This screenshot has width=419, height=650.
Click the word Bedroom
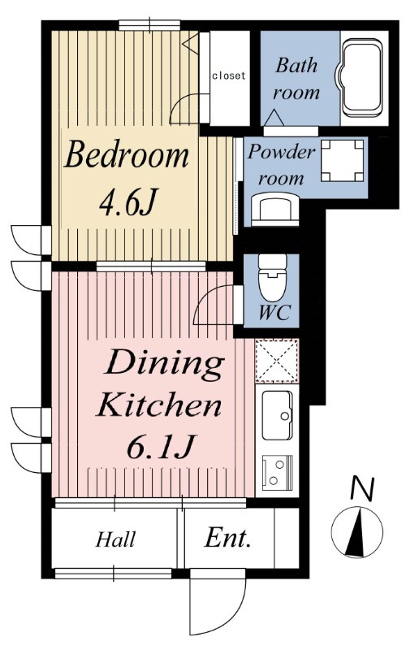(127, 154)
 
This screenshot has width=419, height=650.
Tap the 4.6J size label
(127, 202)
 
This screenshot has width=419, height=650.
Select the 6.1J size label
(159, 446)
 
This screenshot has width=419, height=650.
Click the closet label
(229, 76)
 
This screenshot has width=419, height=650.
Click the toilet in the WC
(272, 277)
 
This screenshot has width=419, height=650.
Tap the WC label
(274, 312)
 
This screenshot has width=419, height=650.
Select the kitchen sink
(277, 414)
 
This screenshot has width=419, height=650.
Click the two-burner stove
(277, 471)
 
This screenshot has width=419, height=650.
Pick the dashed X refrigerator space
(276, 360)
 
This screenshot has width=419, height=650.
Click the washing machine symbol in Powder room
(343, 160)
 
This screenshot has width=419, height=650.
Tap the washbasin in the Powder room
(275, 210)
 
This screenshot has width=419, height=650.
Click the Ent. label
(227, 538)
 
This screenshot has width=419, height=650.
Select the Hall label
(115, 539)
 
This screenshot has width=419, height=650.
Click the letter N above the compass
(363, 488)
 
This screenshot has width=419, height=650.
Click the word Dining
(164, 363)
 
